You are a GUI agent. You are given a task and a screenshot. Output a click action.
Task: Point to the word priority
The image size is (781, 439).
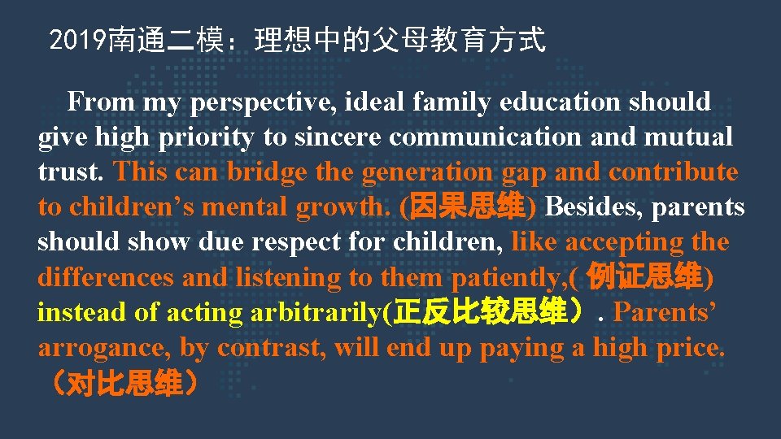204,137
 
